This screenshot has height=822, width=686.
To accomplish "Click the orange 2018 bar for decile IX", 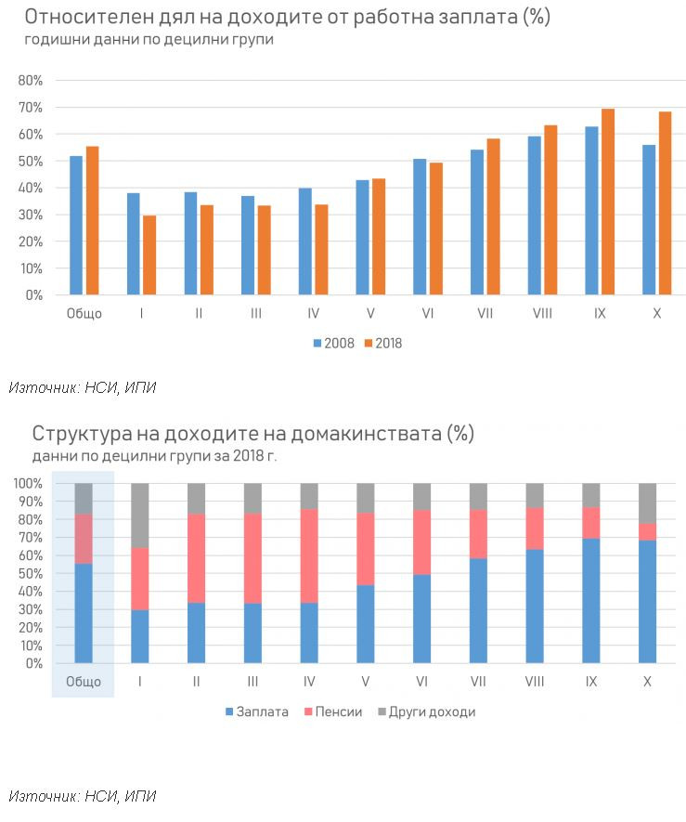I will (x=608, y=202).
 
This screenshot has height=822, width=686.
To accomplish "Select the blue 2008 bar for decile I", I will (x=134, y=243).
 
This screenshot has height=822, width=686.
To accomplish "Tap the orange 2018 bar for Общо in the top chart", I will (x=92, y=220).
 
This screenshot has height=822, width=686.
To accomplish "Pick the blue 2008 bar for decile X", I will (x=649, y=219).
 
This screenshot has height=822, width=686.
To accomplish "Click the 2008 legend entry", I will (x=334, y=344).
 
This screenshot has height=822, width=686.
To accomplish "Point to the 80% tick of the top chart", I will (x=31, y=81).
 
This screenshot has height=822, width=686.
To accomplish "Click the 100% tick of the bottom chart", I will (x=27, y=484).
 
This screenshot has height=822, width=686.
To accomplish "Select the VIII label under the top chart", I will (x=542, y=314).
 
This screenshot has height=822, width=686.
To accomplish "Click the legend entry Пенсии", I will (x=331, y=712).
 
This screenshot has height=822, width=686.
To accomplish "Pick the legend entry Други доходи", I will (x=426, y=712).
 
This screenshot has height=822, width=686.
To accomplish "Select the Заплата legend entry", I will (x=256, y=712).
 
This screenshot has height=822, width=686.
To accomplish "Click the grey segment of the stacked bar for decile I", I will (x=139, y=515).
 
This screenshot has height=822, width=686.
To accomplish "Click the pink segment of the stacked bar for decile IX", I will (x=591, y=523).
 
